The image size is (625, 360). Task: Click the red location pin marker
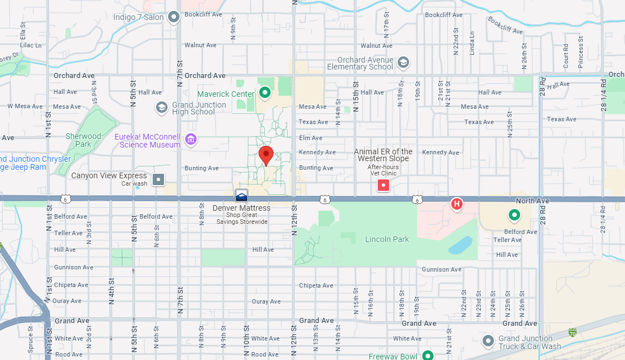coord(266,154)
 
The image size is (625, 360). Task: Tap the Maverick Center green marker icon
coord(264,92)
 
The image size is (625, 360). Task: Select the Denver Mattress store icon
coord(242,195)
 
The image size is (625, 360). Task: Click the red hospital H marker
coord(456,204)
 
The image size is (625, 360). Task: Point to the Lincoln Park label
coord(387,239)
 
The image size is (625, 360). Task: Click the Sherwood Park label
coord(83,140)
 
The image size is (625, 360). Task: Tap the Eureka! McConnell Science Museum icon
coord(191,139)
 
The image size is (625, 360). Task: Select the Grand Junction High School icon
coord(162,107)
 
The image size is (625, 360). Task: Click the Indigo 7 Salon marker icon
coord(174,17)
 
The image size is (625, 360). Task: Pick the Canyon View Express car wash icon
coord(159,179)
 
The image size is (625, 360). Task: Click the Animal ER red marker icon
coord(384,185)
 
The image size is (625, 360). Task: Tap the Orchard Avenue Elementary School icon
coord(403,62)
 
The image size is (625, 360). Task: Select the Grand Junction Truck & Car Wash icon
coord(488,341)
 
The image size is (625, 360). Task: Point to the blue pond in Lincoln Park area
coord(460,245)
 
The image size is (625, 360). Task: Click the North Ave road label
coord(532,201)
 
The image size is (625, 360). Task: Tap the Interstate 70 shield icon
coord(573,332)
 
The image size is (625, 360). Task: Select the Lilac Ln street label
coord(31,45)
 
